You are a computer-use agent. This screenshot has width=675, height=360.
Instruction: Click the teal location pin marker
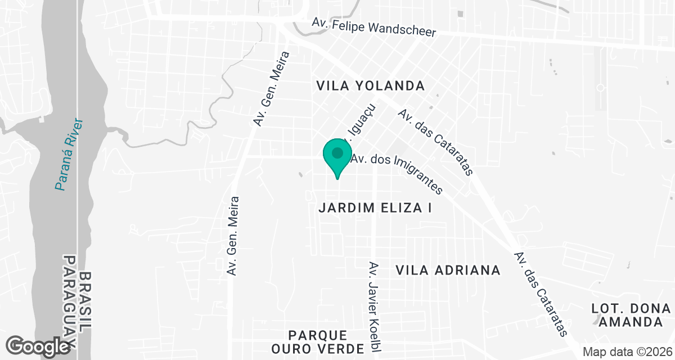(x=337, y=157)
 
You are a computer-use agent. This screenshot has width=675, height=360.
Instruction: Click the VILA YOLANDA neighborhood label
(x=370, y=86)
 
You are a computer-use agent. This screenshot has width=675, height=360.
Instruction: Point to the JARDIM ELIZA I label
(x=375, y=208)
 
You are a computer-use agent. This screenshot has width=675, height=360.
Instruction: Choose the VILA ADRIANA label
(x=448, y=271)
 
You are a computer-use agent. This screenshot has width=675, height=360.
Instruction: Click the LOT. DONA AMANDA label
(x=631, y=316)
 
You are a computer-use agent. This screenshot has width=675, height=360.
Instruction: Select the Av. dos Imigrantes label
(x=397, y=174)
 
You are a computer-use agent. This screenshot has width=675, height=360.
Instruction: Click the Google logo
(x=38, y=346)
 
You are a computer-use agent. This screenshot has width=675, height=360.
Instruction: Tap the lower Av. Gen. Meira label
(x=233, y=236)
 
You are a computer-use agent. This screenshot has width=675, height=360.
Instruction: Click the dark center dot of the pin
(x=337, y=152)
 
